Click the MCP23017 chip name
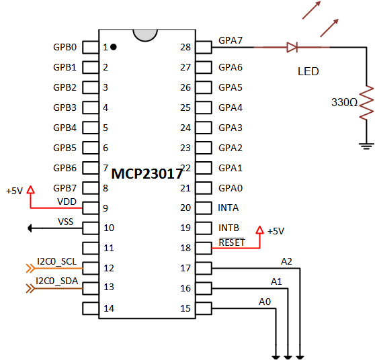pos(147,173)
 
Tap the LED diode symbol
pos(292,47)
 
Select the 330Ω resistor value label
pos(344,103)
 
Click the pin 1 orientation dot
pos(114,47)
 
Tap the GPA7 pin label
pos(231,40)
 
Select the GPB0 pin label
pos(65,48)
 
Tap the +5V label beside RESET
pos(276,231)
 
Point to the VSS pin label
pos(66,221)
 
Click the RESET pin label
pos(232,242)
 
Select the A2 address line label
pos(287,261)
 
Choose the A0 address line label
pos(265,302)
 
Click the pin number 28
pos(186,47)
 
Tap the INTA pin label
pos(228,208)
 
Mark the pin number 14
pos(108,308)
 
